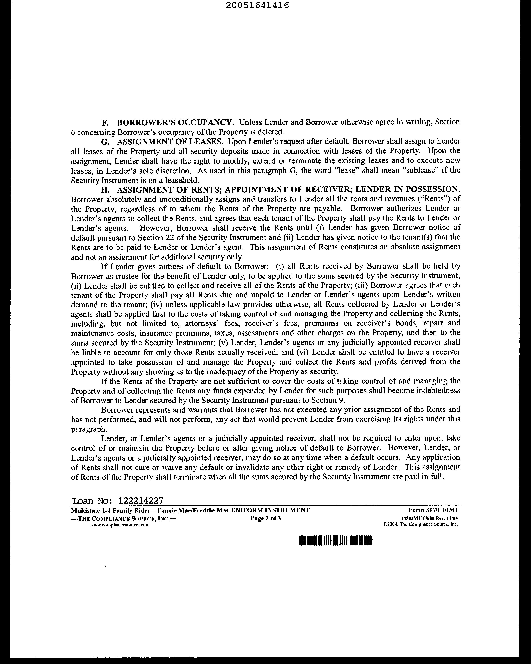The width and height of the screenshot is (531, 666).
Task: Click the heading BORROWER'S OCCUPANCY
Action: click(x=175, y=122)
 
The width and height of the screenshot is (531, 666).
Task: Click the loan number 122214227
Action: click(x=141, y=501)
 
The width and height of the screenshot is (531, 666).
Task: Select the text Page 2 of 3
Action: click(x=266, y=518)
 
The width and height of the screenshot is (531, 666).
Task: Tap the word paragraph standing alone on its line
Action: click(x=89, y=429)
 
